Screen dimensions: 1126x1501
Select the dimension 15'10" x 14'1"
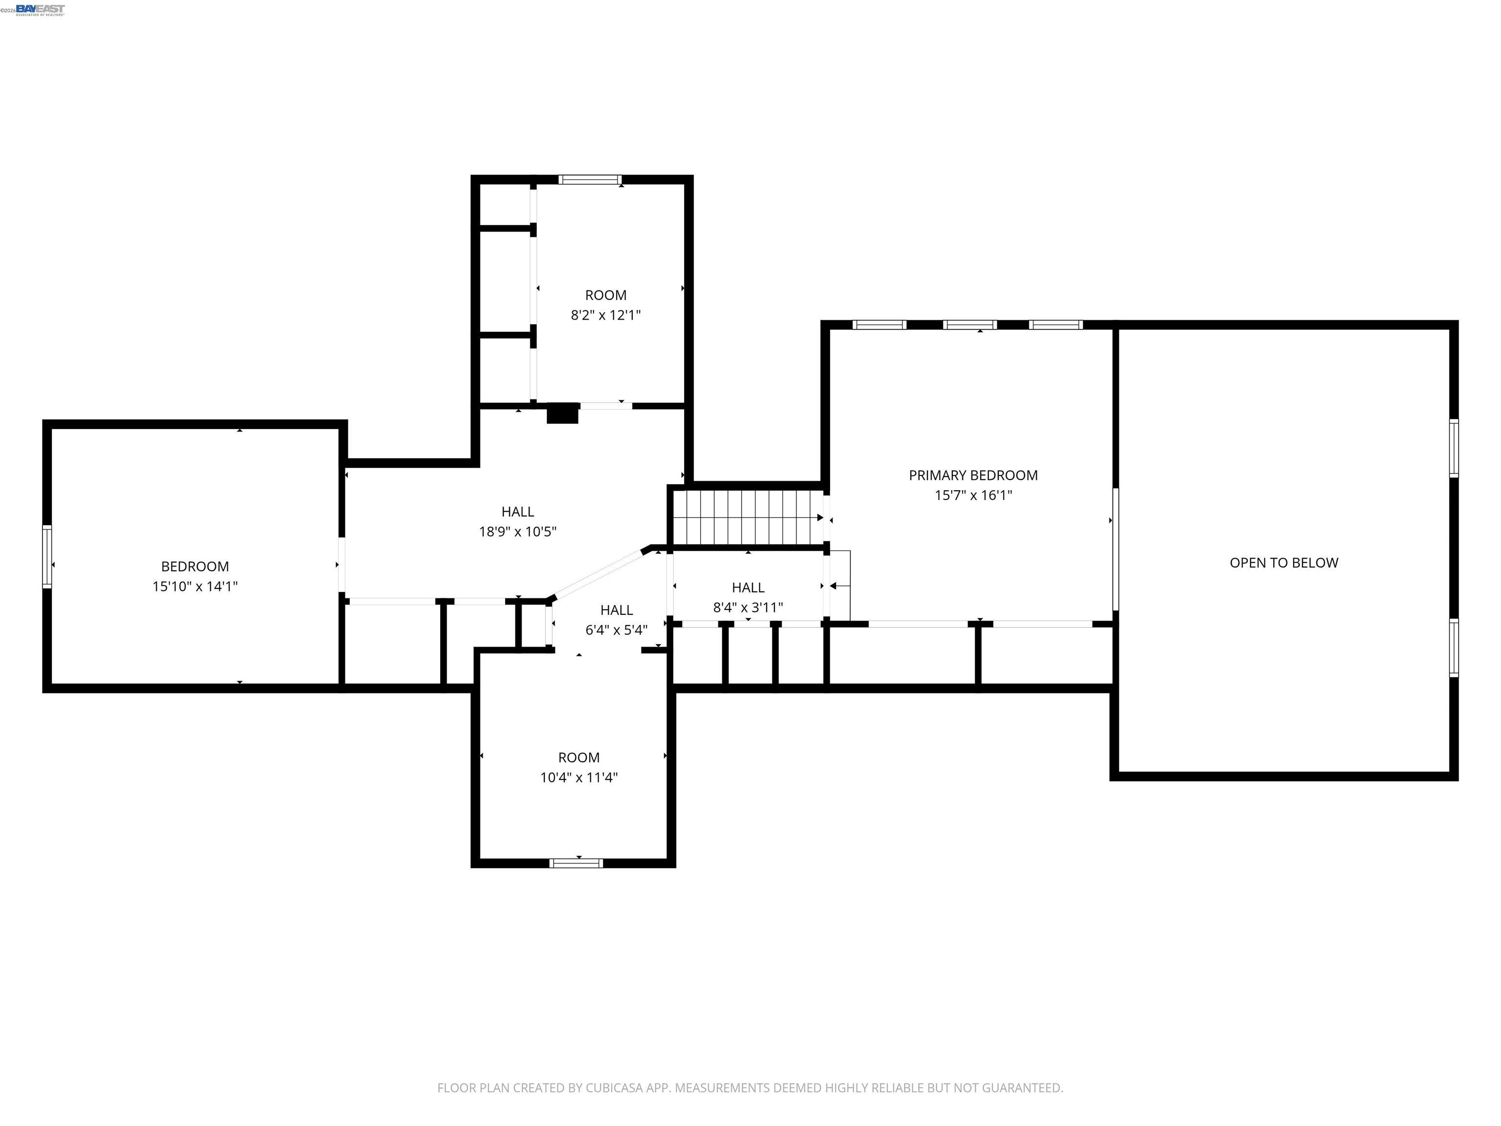(x=195, y=586)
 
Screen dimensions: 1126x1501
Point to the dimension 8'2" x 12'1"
(x=605, y=315)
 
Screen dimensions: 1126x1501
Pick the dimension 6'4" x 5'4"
(x=616, y=630)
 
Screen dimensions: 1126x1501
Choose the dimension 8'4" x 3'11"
(x=748, y=607)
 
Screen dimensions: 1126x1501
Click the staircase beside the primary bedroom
(x=747, y=517)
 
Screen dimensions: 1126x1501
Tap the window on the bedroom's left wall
(x=47, y=556)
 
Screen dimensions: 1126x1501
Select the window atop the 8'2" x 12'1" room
(x=590, y=180)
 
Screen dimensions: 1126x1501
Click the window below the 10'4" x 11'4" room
(x=576, y=864)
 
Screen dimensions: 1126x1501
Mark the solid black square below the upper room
(x=562, y=413)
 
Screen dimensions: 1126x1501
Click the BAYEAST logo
(x=40, y=9)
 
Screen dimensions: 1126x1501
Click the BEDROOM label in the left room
(x=195, y=566)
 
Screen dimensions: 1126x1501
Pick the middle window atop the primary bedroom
(x=970, y=325)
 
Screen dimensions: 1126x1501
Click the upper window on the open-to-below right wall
(x=1454, y=448)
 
